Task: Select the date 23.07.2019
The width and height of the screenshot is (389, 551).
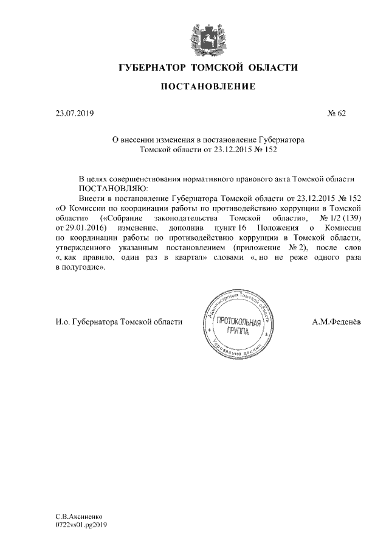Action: point(75,113)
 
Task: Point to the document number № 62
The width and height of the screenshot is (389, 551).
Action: point(336,113)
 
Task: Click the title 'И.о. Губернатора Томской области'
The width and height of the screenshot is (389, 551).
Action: point(119,322)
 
